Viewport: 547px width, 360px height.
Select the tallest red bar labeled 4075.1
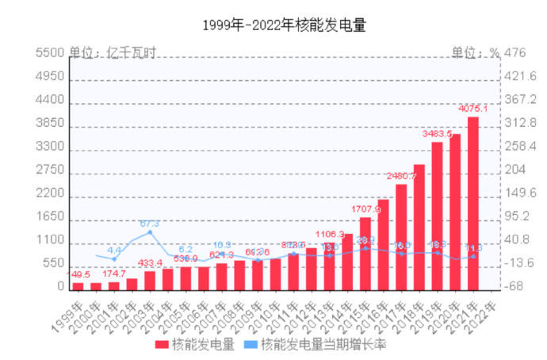pos(472,203)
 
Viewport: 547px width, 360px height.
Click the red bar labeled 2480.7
pos(401,236)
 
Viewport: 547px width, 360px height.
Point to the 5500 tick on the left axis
pos(49,52)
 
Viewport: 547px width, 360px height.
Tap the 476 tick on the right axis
pos(516,52)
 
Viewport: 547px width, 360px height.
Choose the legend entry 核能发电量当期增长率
pos(313,344)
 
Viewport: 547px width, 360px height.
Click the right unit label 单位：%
pos(476,52)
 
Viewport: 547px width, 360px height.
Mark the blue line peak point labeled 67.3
pos(150,232)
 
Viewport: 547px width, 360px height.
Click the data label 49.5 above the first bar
pos(78,274)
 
